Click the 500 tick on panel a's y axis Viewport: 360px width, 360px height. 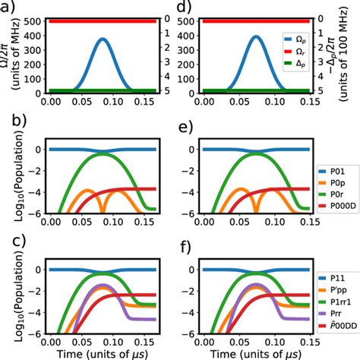click(x=32, y=21)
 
